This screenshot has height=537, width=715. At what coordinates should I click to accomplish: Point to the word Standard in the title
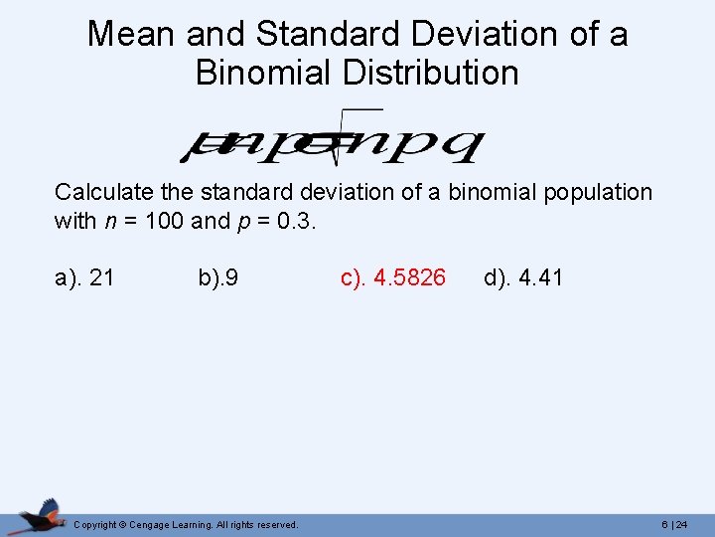(x=325, y=34)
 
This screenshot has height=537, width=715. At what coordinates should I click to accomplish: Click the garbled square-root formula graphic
(x=331, y=137)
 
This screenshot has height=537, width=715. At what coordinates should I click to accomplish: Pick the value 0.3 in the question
(x=296, y=221)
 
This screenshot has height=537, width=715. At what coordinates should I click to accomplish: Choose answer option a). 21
(x=84, y=277)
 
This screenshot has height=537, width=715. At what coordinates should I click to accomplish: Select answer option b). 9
(x=217, y=277)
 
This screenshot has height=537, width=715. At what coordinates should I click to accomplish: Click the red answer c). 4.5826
(x=393, y=277)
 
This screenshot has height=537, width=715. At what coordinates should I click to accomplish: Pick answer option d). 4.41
(x=523, y=277)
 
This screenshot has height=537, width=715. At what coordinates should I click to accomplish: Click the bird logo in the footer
(x=40, y=516)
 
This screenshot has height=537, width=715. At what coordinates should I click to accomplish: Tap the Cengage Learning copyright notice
(x=186, y=524)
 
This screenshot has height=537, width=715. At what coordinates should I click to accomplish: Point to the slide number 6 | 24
(x=674, y=524)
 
